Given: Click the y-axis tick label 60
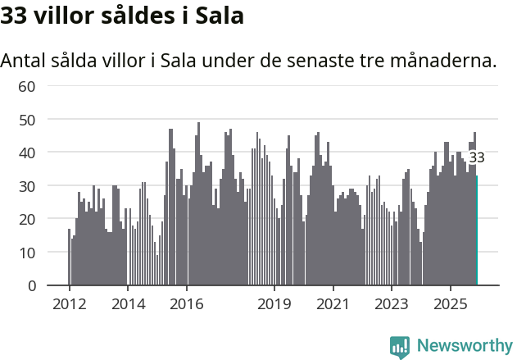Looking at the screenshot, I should click(27, 86).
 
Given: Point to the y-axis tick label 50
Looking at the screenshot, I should click(27, 120).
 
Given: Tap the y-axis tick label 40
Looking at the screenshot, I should click(27, 153).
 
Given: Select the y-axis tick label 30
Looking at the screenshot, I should click(27, 186).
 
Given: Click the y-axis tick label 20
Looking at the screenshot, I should click(27, 219).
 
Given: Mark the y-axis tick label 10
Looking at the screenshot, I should click(27, 253).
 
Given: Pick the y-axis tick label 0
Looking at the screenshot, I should click(31, 286).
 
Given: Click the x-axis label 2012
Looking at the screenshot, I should click(69, 303).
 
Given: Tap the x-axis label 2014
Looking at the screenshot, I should click(128, 303).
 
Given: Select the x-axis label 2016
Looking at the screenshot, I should click(187, 303).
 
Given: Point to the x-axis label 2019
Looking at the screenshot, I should click(274, 303).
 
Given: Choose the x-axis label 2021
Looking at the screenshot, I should click(333, 303).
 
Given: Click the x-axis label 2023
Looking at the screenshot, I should click(392, 303).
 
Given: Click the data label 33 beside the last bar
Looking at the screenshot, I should click(477, 157).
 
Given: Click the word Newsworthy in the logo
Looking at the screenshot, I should click(465, 346).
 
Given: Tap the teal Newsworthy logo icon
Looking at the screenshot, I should click(400, 347).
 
